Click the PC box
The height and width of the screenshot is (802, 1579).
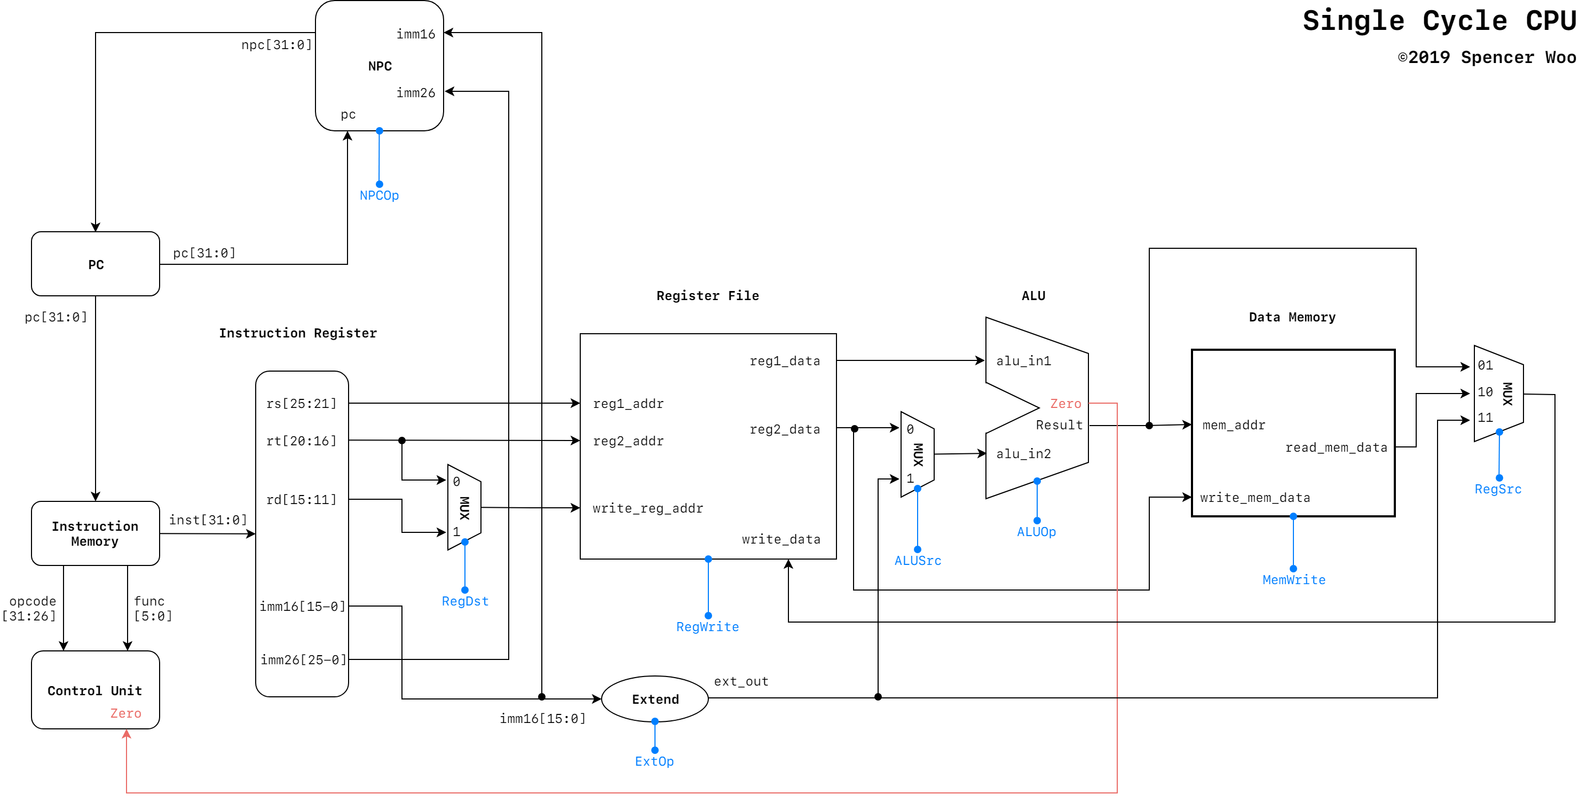[96, 264]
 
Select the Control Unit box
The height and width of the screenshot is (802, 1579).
[95, 690]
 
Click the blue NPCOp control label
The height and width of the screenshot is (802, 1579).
[379, 195]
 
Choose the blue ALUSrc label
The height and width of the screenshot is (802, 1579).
[917, 561]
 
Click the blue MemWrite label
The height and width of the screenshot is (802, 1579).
[1293, 580]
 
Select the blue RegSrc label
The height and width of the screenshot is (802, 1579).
[1497, 489]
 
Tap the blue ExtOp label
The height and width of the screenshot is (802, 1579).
[654, 761]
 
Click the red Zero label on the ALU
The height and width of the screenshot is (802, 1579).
[1065, 404]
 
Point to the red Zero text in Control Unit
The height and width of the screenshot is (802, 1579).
[125, 713]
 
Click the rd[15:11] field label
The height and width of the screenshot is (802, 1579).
[301, 500]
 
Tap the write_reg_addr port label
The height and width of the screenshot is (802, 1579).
[648, 508]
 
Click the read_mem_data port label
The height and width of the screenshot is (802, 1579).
[1336, 447]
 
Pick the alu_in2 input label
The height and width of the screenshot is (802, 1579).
[1023, 454]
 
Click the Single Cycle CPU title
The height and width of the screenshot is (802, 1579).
[1438, 21]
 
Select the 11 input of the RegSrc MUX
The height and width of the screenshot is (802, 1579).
[1485, 418]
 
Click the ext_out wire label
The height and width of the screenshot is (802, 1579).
[740, 681]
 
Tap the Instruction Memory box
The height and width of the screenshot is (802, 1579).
[95, 533]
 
